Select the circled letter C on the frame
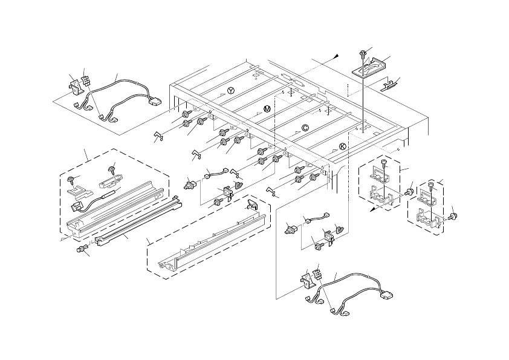[x=305, y=128]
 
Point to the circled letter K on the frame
[x=343, y=146]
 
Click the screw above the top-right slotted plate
[x=362, y=53]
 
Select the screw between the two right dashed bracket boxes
[x=409, y=192]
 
